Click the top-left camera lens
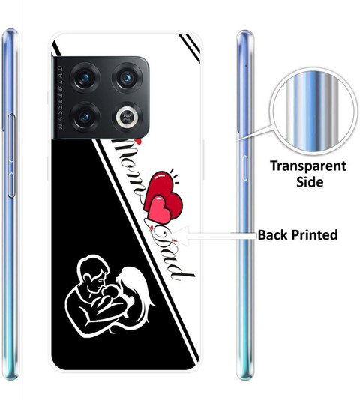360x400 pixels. coord(85,77)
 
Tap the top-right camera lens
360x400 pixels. coord(127,77)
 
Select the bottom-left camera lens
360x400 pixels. coord(85,117)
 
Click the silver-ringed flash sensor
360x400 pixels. coord(127,117)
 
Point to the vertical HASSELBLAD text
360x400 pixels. coord(60,97)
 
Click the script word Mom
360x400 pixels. coord(130,170)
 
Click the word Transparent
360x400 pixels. coord(308,166)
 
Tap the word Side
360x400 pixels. coord(310,182)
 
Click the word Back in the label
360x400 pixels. coord(273,234)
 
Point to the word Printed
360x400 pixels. coord(314,234)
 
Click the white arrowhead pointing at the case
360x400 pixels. coord(181,236)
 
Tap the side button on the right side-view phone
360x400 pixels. coord(244,168)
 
